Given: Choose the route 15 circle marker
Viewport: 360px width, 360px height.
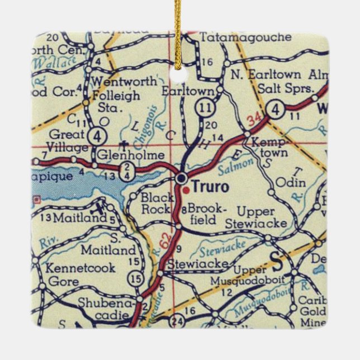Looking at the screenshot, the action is (135, 277).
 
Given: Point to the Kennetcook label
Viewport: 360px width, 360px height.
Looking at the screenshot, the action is (81, 268).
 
